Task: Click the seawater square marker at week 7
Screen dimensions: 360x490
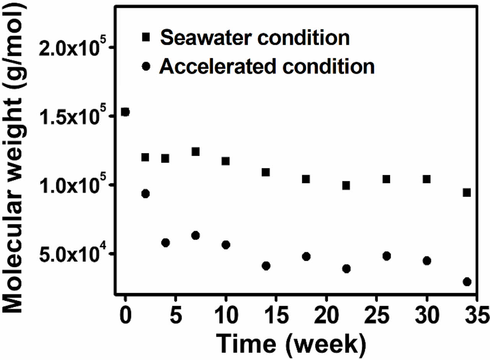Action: point(196,152)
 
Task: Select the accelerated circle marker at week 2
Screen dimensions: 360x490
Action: point(145,194)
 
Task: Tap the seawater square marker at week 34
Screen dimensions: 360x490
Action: point(467,192)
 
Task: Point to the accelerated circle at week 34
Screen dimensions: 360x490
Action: point(467,282)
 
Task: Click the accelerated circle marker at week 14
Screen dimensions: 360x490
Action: point(266,266)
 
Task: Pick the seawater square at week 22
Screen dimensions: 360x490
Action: point(346,186)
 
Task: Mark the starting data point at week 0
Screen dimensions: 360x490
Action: point(125,112)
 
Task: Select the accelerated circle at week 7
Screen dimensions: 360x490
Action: point(196,235)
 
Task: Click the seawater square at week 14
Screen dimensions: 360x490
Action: point(266,172)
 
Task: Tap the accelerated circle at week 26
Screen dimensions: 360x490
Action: point(386,256)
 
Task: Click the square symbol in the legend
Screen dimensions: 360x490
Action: point(146,37)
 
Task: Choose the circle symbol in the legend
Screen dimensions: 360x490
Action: point(146,67)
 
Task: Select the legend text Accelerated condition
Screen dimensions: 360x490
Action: point(267,67)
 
